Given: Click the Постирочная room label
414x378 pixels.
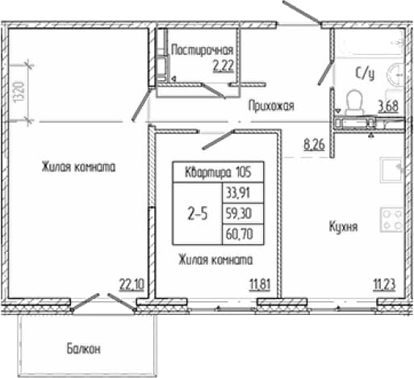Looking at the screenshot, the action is pos(202,50).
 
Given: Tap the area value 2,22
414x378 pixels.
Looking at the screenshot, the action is pos(223,66).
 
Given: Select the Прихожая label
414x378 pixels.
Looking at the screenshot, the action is pos(271,106).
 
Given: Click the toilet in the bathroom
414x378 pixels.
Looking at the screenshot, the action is pos(354,103).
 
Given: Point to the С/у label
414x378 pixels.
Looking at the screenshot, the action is pos(365,73).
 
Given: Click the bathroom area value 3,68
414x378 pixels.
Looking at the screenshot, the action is pos(388,107).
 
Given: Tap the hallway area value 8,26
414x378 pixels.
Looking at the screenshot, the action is pos(314,145).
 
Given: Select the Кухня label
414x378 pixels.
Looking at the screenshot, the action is pos(343,227).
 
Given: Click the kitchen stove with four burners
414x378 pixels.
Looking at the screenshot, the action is pos(391,220).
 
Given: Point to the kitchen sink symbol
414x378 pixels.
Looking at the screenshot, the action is pos(391,170).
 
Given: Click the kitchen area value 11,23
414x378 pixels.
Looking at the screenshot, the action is pos(384,284).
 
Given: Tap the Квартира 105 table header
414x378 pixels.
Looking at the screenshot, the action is pos(218,172).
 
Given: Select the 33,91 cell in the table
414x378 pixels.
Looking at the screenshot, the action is pos(238,193).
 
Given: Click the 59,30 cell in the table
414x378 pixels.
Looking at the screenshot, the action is pos(239,213).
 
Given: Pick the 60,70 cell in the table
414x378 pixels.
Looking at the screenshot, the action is pos(240,234).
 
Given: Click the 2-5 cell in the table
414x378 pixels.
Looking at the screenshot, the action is pos(198,214).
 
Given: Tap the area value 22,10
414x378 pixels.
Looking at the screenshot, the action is pos(132,284).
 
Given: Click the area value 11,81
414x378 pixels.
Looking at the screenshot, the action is pos(260,284).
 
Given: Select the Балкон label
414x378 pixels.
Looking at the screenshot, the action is pos(84,349).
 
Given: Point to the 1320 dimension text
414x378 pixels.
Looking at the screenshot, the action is pos(19,92).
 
